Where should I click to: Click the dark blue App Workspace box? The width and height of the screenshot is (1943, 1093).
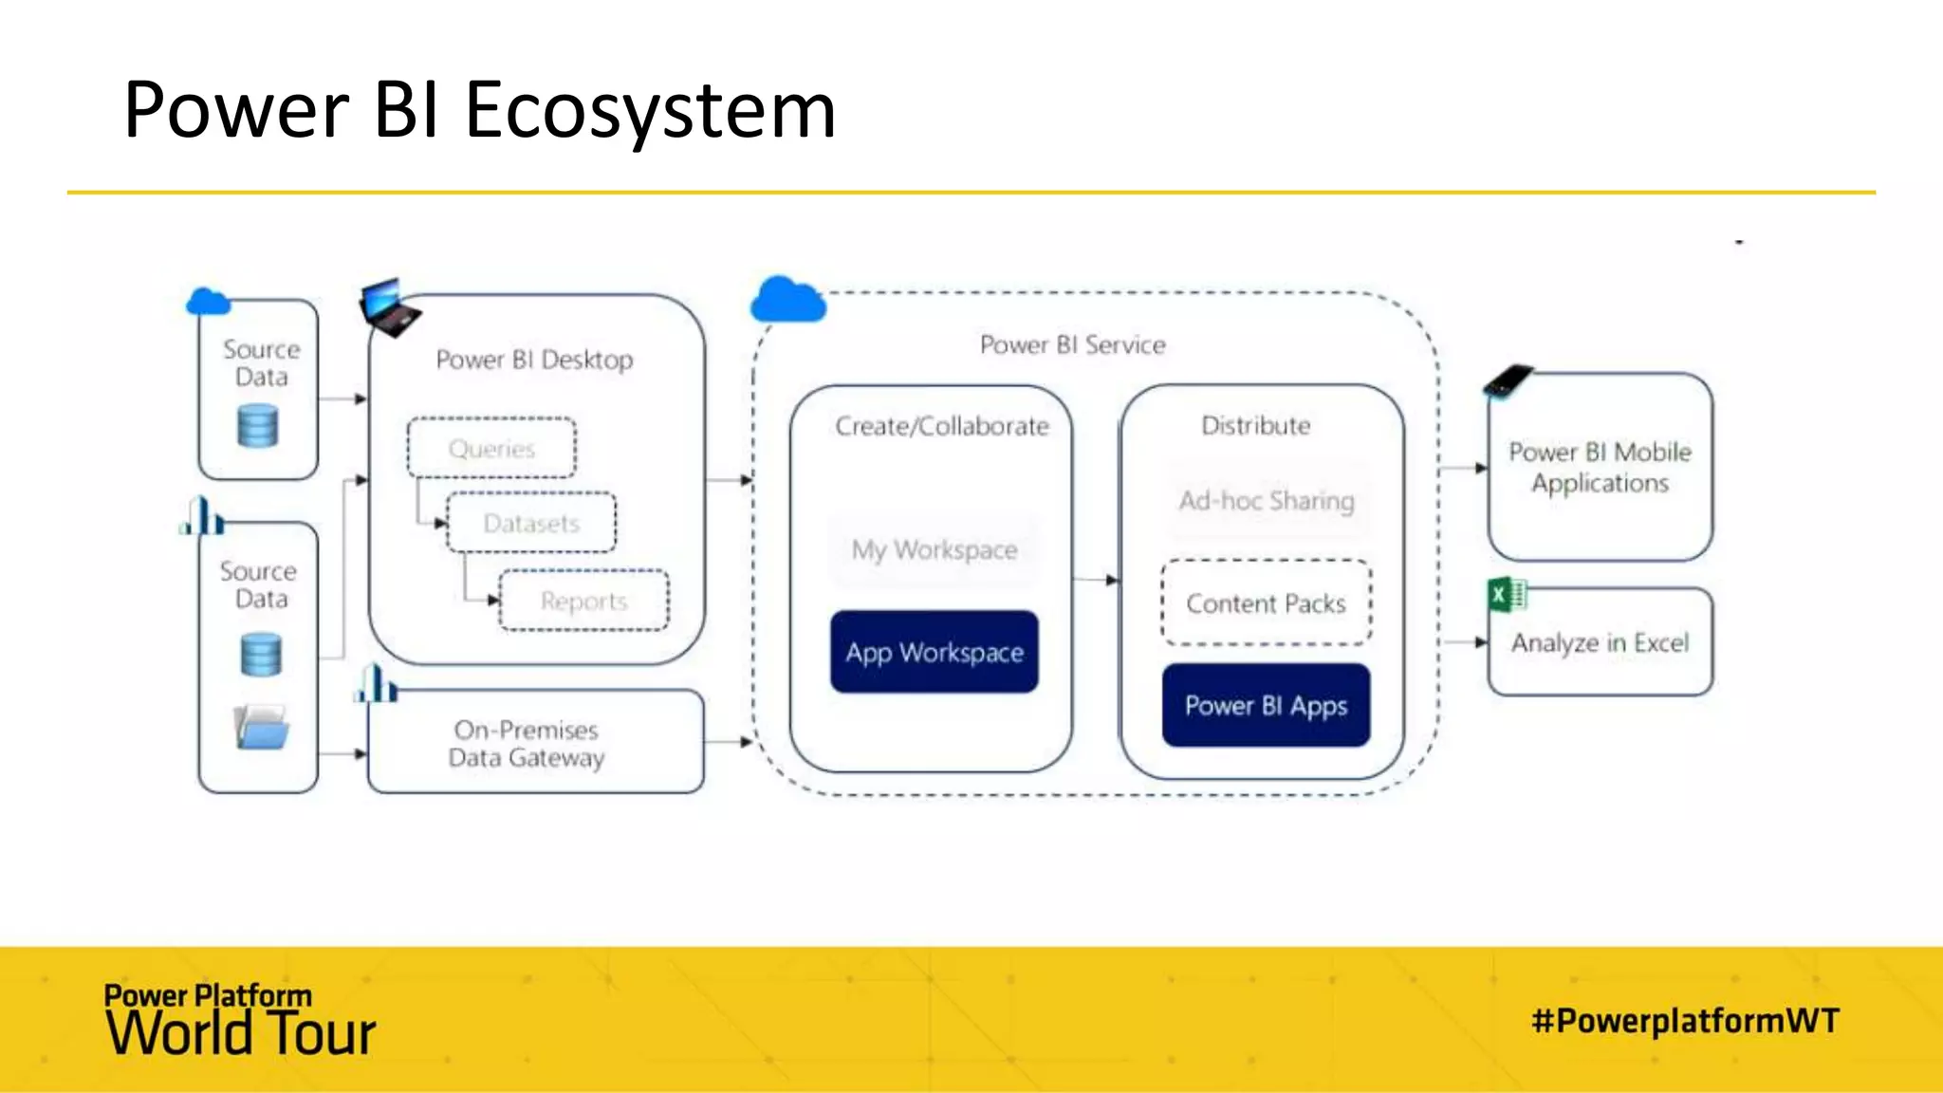coord(934,652)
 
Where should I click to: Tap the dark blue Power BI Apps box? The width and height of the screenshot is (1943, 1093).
coord(1266,705)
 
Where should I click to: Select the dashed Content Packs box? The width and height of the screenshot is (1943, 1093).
coord(1266,603)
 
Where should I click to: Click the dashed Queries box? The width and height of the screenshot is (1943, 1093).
coord(491,448)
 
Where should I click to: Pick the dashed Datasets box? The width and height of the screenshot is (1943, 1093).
coord(531,523)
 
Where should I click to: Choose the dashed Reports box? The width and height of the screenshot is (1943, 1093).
coord(583,601)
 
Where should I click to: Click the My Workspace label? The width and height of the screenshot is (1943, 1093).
coord(934,549)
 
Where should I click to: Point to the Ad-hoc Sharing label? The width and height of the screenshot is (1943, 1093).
coord(1266,500)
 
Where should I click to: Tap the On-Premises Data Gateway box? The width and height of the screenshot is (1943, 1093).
coord(535,743)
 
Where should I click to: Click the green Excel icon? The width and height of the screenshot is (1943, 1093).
coord(1506,596)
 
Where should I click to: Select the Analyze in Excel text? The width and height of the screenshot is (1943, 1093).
coord(1600,643)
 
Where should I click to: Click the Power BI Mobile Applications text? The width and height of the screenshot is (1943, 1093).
coord(1600,467)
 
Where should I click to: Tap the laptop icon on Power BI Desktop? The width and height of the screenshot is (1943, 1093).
coord(388,307)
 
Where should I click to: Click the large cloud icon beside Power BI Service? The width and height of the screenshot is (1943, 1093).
coord(786,300)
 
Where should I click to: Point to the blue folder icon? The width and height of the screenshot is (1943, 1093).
coord(261,728)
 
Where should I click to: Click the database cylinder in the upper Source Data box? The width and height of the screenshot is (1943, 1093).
coord(257,425)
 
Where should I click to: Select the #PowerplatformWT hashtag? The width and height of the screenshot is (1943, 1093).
coord(1685,1021)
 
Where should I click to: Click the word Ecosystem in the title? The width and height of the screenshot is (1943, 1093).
coord(650,111)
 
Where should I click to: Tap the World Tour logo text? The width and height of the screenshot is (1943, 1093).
coord(241,1032)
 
